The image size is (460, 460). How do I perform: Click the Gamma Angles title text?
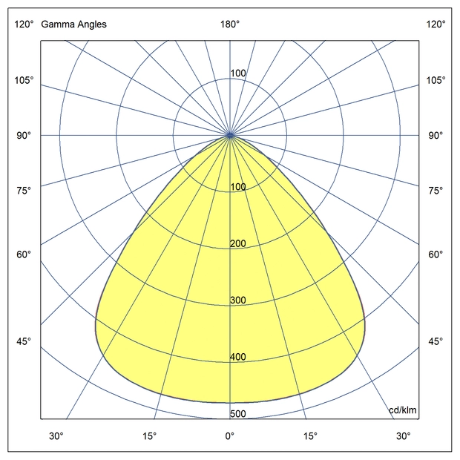[73, 24]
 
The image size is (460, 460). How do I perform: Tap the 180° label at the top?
[230, 24]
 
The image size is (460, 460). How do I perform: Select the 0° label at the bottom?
[230, 436]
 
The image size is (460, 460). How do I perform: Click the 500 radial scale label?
[237, 414]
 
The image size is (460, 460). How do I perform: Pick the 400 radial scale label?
[237, 357]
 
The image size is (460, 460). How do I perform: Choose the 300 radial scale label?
[237, 300]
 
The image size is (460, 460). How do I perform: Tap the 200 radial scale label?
[237, 243]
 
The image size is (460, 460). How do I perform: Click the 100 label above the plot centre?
[237, 73]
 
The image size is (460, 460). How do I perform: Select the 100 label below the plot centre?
[237, 186]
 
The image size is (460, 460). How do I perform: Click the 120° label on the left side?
[24, 24]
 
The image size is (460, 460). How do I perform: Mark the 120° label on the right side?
[436, 24]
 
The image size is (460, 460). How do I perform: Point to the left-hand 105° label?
[24, 80]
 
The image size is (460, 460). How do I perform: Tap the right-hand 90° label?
[436, 136]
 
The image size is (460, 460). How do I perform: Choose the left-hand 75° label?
[24, 191]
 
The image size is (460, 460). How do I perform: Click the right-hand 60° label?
[436, 254]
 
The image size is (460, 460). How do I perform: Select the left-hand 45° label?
[24, 341]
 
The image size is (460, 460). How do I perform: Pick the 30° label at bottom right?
[403, 436]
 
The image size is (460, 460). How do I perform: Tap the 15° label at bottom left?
[150, 436]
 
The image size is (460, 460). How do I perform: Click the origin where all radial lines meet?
[230, 135]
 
